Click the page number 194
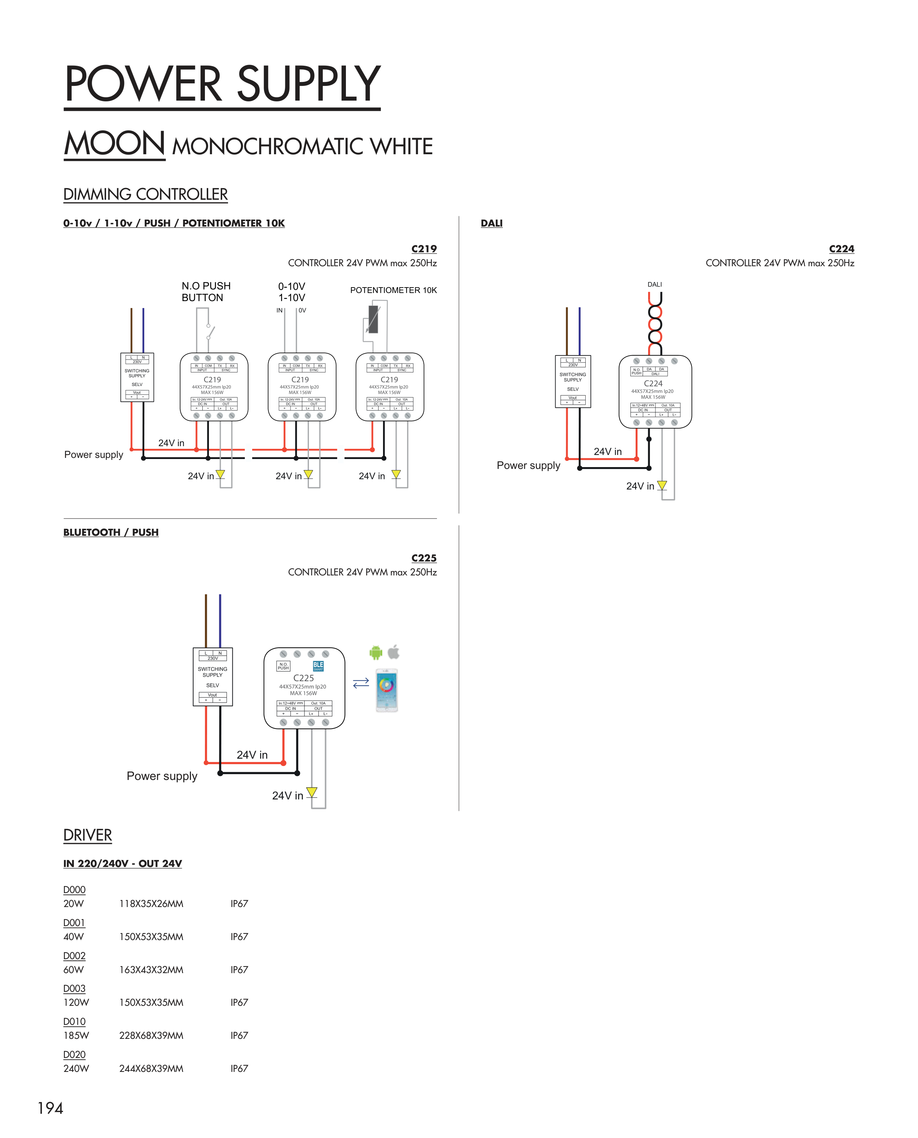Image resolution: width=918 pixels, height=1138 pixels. click(50, 1108)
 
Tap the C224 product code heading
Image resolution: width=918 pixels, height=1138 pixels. click(841, 249)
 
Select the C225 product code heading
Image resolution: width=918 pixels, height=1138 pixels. click(424, 559)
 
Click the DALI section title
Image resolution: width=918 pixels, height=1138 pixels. click(491, 224)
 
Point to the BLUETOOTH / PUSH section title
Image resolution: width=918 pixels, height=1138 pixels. click(111, 532)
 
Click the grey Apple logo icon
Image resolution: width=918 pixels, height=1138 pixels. click(394, 652)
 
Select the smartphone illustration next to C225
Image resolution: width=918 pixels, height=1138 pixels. click(387, 690)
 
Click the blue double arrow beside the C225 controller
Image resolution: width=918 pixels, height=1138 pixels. click(361, 683)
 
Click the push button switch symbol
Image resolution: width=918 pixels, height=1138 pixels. click(210, 331)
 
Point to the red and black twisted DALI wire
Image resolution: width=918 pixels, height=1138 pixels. click(655, 322)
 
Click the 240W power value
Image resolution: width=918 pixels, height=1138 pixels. click(76, 1068)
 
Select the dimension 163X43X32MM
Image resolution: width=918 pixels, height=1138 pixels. click(151, 970)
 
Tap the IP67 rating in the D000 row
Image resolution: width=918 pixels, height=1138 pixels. click(239, 904)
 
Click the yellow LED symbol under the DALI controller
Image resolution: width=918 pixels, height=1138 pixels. click(662, 485)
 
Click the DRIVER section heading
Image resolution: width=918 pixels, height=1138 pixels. click(87, 835)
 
